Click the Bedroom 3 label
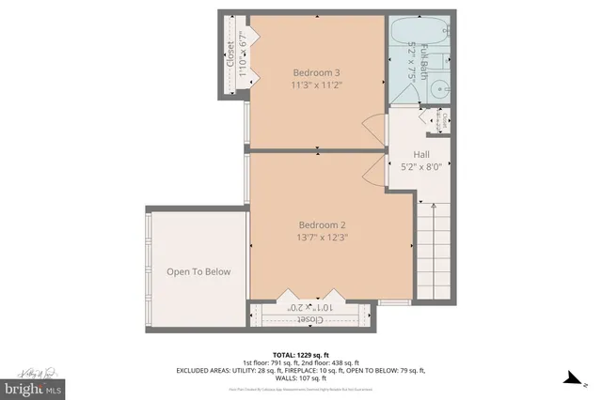point(316,72)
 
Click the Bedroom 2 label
point(323,224)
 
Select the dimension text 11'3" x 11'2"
point(316,85)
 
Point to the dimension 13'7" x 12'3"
point(323,238)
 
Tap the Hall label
point(422,154)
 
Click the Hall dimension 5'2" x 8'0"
point(422,167)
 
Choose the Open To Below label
point(198,271)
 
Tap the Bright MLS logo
point(33,386)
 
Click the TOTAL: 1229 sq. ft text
point(300,352)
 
